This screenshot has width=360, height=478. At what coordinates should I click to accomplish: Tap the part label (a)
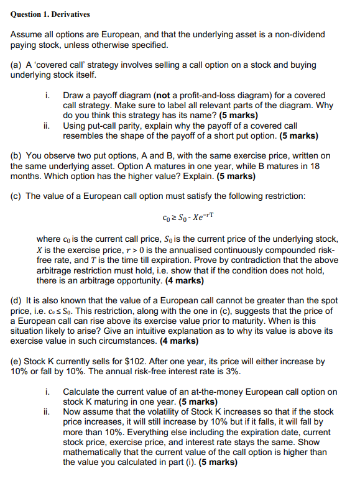pos(17,65)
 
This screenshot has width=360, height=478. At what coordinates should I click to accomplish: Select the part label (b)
pos(17,155)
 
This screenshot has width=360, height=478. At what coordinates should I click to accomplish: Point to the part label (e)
pos(17,361)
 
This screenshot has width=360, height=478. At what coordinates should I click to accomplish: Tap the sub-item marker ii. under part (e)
pos(48,411)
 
